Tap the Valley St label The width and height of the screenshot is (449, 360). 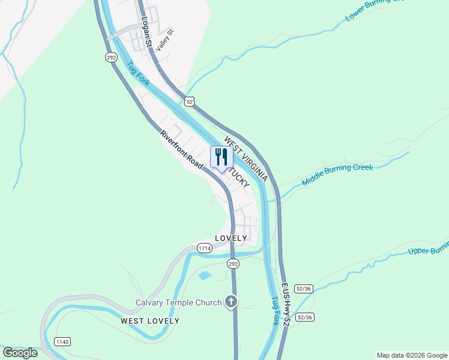[164, 40]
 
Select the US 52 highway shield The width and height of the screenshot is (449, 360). [190, 102]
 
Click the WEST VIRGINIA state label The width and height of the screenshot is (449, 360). [246, 159]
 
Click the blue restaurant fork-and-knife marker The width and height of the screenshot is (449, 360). [221, 157]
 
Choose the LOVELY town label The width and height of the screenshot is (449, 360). [231, 238]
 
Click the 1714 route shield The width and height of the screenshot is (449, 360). [204, 248]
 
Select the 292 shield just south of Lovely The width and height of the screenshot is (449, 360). [234, 264]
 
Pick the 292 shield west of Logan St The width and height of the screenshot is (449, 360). [111, 58]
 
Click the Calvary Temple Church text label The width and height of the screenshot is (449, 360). [178, 302]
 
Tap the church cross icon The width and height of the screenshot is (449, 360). [231, 302]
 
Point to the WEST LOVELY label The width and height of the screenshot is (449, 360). [150, 321]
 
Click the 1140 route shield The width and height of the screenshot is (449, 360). [62, 341]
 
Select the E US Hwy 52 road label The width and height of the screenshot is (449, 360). [285, 305]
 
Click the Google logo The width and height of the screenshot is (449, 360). [20, 353]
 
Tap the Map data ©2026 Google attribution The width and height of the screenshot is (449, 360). [412, 355]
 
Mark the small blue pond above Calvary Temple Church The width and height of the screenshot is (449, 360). [204, 276]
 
